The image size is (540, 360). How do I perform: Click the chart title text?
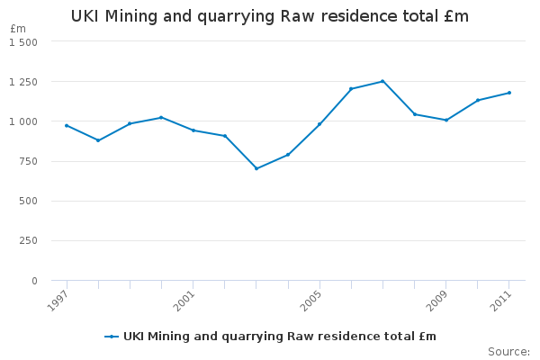270,17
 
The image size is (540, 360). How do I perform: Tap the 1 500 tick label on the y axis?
23,42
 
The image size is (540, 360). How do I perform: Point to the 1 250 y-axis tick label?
23,82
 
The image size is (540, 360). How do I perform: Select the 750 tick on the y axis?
28,161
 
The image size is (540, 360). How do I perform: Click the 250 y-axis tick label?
28,241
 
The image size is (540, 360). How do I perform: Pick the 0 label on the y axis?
34,281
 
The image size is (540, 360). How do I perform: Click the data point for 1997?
67,125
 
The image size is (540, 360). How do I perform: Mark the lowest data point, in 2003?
256,168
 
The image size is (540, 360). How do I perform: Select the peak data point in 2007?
382,81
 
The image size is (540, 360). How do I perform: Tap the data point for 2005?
319,124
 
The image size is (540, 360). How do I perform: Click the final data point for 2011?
509,93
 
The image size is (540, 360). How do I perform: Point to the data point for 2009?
446,120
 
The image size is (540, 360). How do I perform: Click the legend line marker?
112,337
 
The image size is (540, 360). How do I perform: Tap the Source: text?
508,351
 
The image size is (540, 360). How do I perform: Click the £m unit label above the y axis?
18,29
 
